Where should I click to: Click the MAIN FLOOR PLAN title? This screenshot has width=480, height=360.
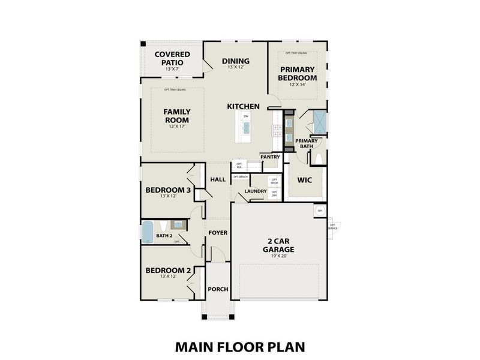(240, 346)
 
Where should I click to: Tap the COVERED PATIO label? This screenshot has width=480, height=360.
(172, 58)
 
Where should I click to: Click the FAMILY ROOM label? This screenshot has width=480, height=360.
(177, 115)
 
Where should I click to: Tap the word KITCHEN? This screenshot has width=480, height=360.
(243, 106)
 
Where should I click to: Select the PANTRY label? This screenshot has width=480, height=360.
(271, 157)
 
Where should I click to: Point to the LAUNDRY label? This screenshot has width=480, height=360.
(256, 191)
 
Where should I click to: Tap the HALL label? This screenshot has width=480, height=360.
(217, 179)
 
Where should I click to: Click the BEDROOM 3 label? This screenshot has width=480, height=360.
(168, 190)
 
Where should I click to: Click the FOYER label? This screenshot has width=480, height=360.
(217, 232)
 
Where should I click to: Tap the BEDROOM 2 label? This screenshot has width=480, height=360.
(168, 270)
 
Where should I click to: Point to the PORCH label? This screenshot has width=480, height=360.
(218, 289)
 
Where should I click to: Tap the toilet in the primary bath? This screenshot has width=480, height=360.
(318, 158)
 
